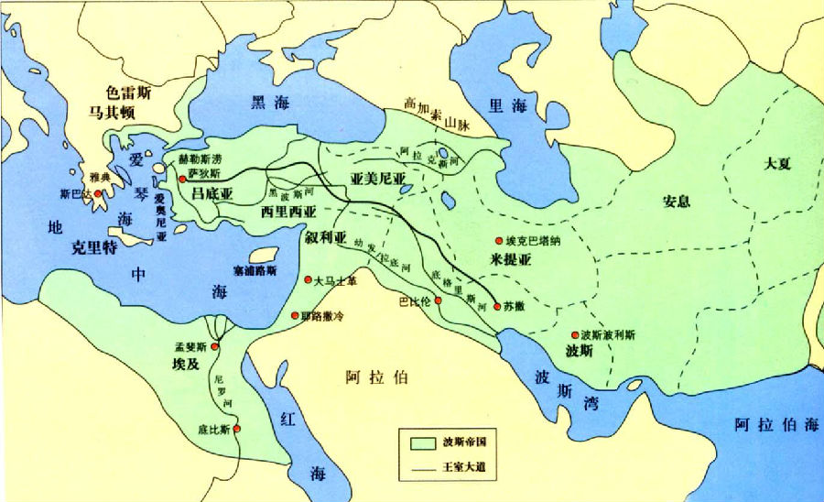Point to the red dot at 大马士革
(309, 280)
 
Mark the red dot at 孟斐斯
(214, 346)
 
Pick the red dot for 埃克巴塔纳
(498, 240)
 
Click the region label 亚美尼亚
(377, 179)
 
